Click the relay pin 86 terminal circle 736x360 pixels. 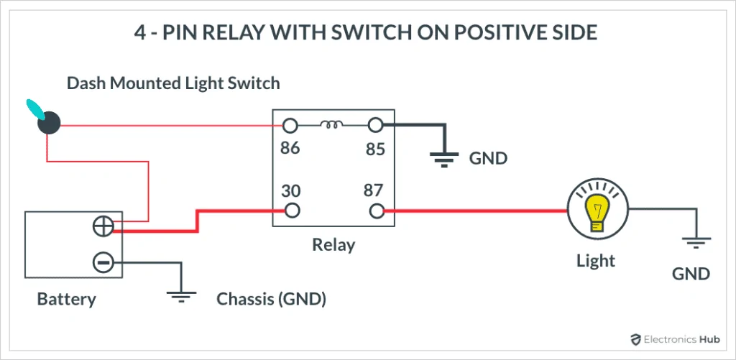pos(290,125)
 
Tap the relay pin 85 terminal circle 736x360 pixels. pos(375,125)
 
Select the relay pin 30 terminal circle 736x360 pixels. pos(292,211)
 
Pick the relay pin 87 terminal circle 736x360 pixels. pos(377,211)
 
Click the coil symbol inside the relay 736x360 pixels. pos(332,124)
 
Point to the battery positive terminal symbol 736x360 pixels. pos(103,227)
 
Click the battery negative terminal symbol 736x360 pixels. pos(103,262)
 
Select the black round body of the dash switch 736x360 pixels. pos(50,124)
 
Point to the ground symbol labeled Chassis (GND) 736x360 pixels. pos(182,296)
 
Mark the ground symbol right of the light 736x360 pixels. pos(696,242)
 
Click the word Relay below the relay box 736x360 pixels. pos(333,244)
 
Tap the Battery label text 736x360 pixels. pos(66,299)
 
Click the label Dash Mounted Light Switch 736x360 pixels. pos(173,83)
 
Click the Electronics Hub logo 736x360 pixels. pos(674,339)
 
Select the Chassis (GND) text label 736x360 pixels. pos(271,300)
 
